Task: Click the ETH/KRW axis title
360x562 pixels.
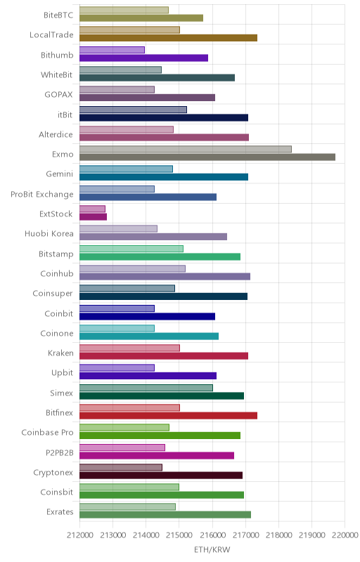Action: [212, 549]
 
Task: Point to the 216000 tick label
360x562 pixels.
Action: [212, 535]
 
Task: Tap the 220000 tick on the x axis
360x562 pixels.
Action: [345, 535]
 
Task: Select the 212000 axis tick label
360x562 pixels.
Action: [79, 535]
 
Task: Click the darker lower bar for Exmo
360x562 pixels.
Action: [207, 157]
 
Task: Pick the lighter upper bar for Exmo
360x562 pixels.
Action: [186, 149]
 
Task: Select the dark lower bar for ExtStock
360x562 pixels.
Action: [94, 217]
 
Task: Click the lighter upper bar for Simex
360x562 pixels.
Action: [146, 388]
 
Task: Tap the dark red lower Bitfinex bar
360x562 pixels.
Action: [168, 416]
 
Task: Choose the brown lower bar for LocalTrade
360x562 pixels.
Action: [168, 38]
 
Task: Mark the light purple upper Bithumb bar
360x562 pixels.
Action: [112, 50]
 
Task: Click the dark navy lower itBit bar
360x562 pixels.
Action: [164, 117]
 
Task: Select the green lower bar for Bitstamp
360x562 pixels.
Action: [160, 256]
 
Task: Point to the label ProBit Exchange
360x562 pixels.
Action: [42, 195]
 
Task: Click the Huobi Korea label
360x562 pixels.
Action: [49, 234]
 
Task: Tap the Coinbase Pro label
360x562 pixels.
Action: [47, 433]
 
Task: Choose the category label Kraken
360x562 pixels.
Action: [60, 353]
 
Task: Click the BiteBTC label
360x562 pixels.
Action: [58, 15]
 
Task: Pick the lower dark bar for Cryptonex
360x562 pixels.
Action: [161, 476]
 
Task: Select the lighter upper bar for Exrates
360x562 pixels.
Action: [127, 507]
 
